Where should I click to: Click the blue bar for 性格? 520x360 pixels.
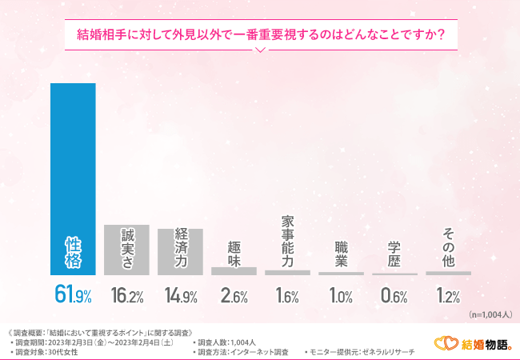point(73,179)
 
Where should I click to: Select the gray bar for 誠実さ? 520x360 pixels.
point(126,250)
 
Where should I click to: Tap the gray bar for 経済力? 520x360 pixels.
point(180,252)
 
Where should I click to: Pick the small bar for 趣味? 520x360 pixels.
point(234,271)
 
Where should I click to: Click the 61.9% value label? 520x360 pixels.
point(73,295)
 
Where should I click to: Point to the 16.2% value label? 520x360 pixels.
point(126,296)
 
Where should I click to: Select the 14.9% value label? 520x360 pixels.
point(180,296)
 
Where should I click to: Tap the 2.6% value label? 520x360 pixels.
point(234,296)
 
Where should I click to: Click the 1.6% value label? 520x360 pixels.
point(287,296)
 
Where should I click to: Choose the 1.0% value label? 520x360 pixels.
point(341,296)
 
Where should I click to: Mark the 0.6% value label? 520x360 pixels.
point(394,296)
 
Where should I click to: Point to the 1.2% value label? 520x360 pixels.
point(448,296)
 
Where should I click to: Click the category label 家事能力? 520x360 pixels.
point(287,241)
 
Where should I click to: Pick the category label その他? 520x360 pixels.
point(448,247)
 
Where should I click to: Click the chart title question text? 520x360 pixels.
point(260,34)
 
